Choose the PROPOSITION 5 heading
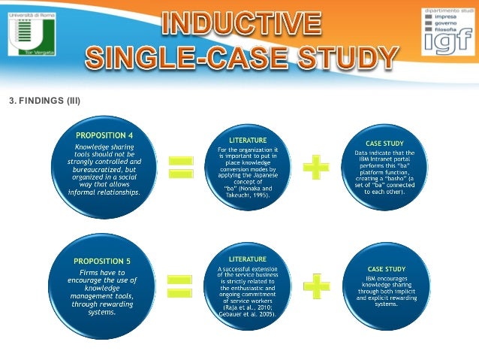[102, 261]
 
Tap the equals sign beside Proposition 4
[179, 167]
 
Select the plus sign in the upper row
[316, 167]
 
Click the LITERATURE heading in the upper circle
[247, 141]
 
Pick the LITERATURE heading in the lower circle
[247, 259]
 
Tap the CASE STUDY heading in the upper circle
[386, 142]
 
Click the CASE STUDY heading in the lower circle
[386, 268]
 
